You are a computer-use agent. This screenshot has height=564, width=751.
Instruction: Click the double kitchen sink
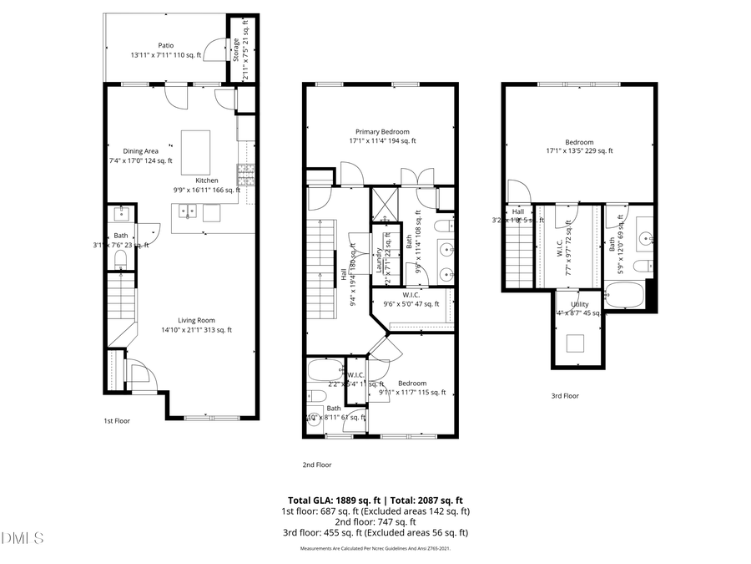189,211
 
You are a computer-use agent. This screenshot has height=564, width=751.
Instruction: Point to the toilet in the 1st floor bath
121,260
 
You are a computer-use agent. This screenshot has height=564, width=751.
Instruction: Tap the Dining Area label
140,151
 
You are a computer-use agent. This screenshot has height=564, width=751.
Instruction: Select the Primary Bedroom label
382,132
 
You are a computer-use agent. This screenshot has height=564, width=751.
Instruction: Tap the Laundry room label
378,261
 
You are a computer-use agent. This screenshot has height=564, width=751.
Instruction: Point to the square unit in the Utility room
576,343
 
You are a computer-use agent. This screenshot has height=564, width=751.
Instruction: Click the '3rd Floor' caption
565,396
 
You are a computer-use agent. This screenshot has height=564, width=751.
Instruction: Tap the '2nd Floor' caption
316,465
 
